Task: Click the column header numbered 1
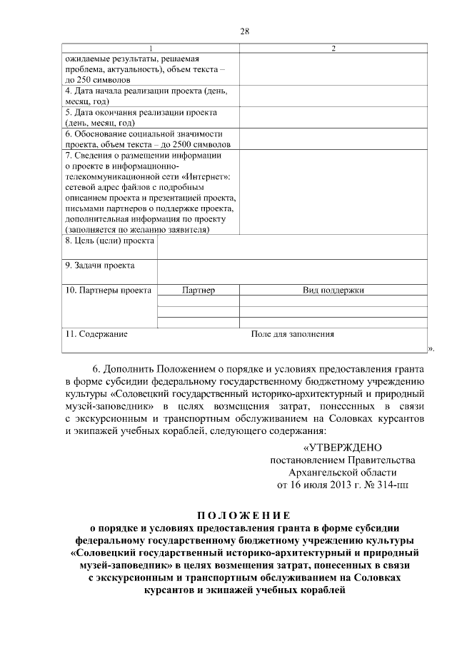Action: pyautogui.click(x=150, y=48)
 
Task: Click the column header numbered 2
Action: pyautogui.click(x=333, y=48)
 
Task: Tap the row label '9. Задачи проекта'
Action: pyautogui.click(x=100, y=266)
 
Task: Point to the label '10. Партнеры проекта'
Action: pyautogui.click(x=108, y=291)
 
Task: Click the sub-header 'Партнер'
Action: pyautogui.click(x=198, y=291)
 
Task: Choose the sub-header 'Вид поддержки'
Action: pyautogui.click(x=333, y=291)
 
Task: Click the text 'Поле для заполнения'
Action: pyautogui.click(x=293, y=333)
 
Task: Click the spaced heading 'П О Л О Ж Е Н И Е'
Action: pyautogui.click(x=244, y=515)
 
